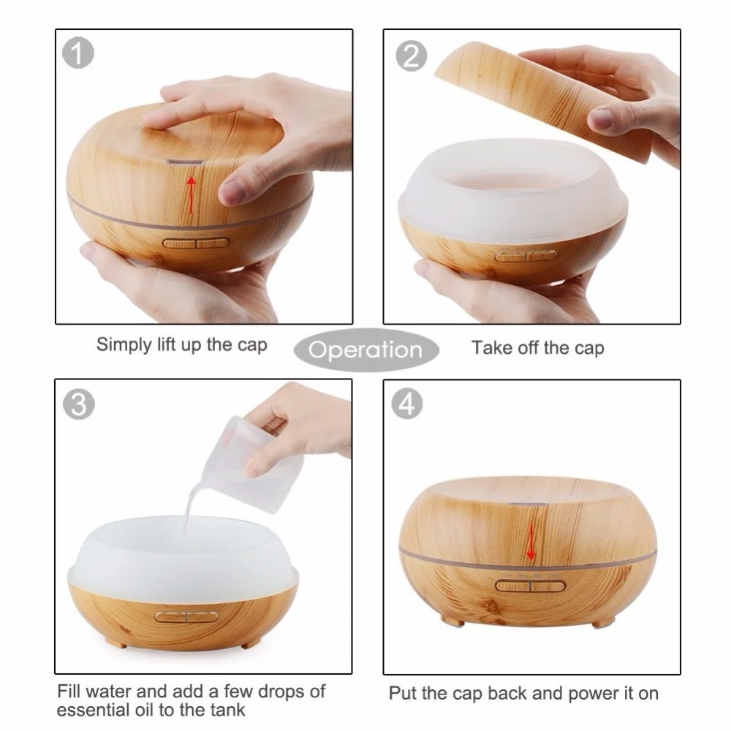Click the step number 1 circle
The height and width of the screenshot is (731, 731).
click(78, 56)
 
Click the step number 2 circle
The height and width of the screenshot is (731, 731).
click(411, 56)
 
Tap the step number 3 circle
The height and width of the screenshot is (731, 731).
click(78, 404)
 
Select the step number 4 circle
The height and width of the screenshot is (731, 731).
click(408, 404)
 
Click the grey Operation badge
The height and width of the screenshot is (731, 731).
click(365, 349)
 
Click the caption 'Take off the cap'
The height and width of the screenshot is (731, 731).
click(537, 347)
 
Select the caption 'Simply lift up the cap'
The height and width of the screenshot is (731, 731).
click(182, 344)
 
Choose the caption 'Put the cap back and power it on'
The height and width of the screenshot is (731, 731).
click(523, 692)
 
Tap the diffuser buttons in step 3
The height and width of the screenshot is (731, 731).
click(185, 616)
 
